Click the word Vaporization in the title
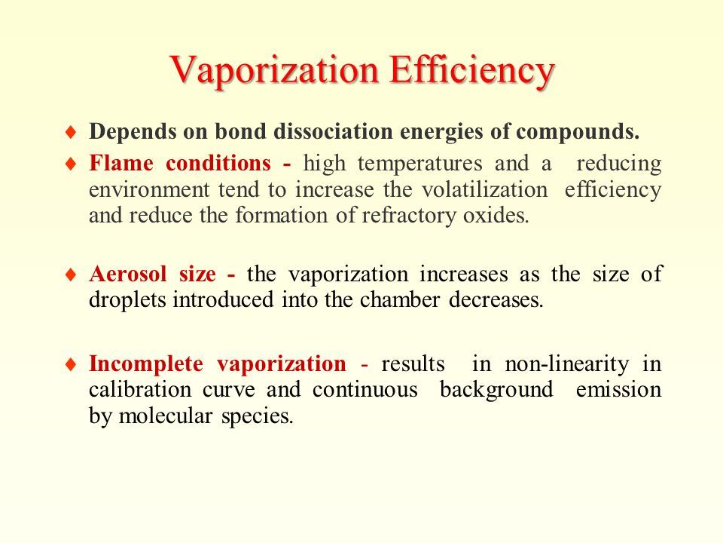[x=274, y=70]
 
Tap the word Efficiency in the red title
[x=471, y=70]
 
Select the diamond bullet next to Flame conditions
[x=71, y=164]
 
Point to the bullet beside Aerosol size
[x=71, y=275]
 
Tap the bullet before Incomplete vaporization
[x=71, y=364]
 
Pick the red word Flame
[x=121, y=163]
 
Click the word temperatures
[x=420, y=164]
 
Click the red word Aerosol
[x=128, y=274]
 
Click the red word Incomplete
[x=146, y=364]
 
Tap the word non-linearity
[x=566, y=364]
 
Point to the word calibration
[x=140, y=390]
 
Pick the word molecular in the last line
[x=166, y=416]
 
